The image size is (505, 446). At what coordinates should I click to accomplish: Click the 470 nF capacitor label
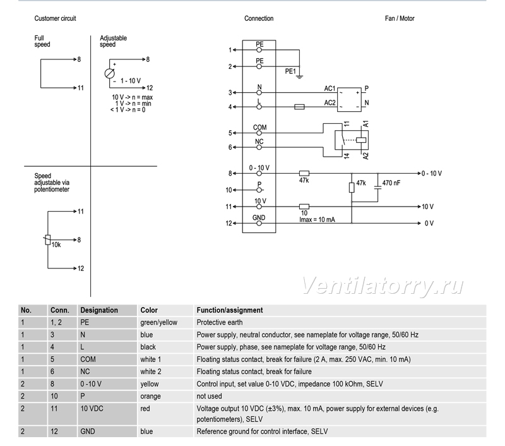coord(391,183)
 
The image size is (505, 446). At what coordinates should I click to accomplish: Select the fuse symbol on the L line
coord(299,107)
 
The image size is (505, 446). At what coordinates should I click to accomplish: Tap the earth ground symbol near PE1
coord(299,76)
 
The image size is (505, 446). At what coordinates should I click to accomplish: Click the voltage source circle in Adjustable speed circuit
coord(109,73)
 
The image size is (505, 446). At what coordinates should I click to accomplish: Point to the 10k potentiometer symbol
coord(48,240)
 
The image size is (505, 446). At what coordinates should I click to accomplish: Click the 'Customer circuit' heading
coord(55,18)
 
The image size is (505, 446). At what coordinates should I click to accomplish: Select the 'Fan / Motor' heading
coord(400,18)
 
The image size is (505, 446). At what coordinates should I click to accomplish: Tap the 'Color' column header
coord(149,310)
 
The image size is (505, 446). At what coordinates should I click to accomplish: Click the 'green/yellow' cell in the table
coord(159,322)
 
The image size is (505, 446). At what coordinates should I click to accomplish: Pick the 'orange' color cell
coord(150,396)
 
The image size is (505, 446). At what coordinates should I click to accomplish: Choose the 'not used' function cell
coord(210,396)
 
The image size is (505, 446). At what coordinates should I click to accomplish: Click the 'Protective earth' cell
coord(220,322)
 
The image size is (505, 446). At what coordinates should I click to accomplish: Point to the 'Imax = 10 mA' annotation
coord(317,220)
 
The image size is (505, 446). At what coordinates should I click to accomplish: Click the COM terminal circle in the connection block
coord(259,133)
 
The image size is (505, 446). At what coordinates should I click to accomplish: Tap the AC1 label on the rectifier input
coord(330,88)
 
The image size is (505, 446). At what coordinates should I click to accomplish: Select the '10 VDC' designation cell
coord(92,409)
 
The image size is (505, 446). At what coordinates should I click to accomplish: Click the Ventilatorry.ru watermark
coord(383,286)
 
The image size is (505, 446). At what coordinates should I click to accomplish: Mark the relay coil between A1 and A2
coord(361,140)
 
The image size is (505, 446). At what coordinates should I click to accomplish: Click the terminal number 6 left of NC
coord(230,147)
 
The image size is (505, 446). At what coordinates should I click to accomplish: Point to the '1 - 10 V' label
coord(131,81)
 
